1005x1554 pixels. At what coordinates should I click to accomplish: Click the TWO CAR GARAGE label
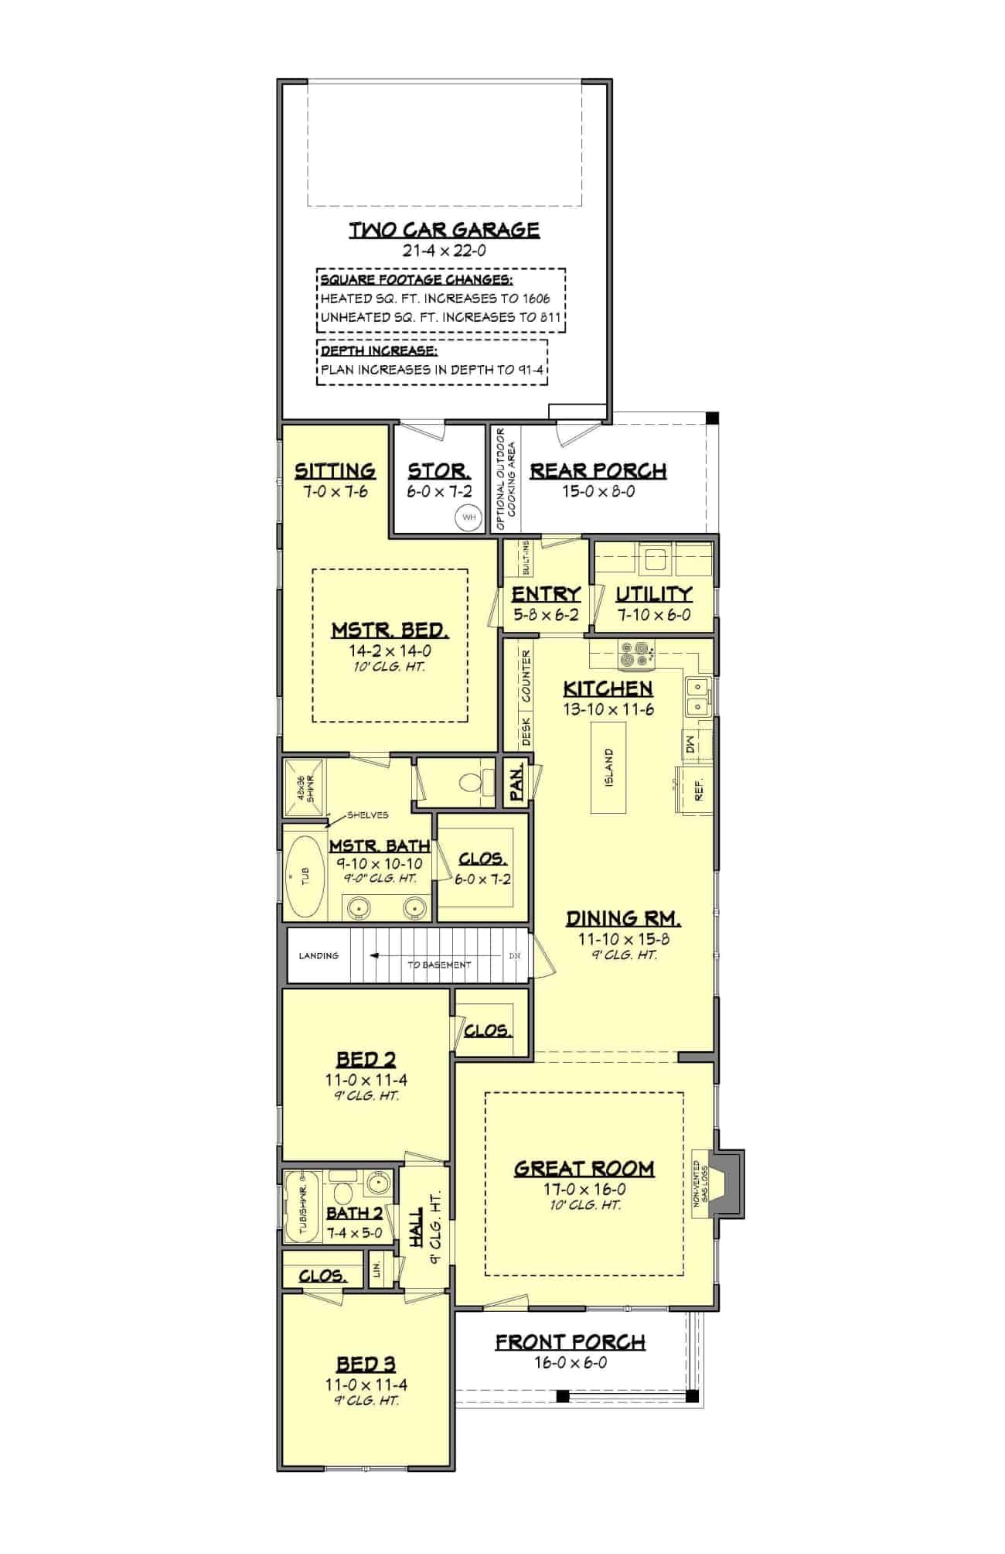pos(444,230)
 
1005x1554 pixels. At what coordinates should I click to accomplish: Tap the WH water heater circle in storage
pos(468,517)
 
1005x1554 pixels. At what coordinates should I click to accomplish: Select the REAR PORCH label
pos(598,471)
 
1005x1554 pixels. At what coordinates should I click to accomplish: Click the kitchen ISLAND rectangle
pos(609,767)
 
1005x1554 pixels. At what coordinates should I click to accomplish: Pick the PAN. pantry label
pos(517,782)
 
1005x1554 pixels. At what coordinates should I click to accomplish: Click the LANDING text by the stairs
pos(319,955)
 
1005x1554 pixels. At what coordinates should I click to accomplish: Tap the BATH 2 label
pos(354,1213)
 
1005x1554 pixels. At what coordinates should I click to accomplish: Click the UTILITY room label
pos(653,594)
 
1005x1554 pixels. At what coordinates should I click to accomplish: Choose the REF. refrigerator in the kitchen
pos(699,791)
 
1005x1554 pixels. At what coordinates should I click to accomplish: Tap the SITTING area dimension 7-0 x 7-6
pos(335,491)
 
